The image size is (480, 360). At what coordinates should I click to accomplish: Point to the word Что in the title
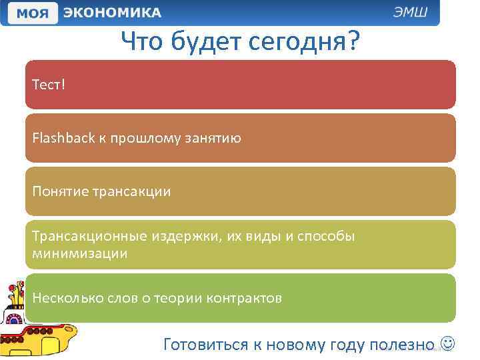143,43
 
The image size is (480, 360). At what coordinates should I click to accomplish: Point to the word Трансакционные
83,237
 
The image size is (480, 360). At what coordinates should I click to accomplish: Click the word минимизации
79,253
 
